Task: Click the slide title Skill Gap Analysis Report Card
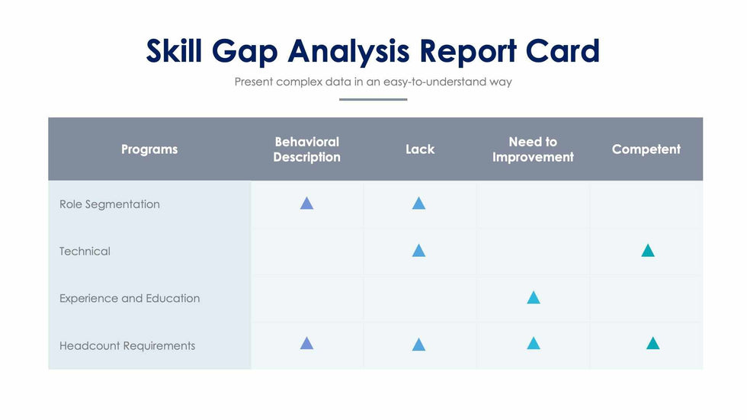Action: point(373,51)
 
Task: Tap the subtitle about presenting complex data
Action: point(373,82)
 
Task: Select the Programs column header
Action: point(149,149)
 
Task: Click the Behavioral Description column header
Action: point(306,149)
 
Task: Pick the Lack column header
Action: point(419,149)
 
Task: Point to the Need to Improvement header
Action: point(533,149)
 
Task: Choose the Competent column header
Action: point(646,149)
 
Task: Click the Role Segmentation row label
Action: point(110,204)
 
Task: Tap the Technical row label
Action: point(85,252)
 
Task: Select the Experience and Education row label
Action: point(130,299)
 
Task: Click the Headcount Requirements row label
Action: point(127,346)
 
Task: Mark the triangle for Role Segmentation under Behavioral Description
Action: point(306,204)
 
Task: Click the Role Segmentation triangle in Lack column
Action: point(418,204)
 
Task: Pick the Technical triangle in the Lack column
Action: point(418,251)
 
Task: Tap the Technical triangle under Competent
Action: point(648,251)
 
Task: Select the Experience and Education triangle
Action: point(534,298)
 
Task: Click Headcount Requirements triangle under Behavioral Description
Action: point(306,344)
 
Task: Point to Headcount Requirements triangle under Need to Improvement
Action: point(534,344)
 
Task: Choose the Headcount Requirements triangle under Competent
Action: point(652,344)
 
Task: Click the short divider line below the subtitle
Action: point(373,99)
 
